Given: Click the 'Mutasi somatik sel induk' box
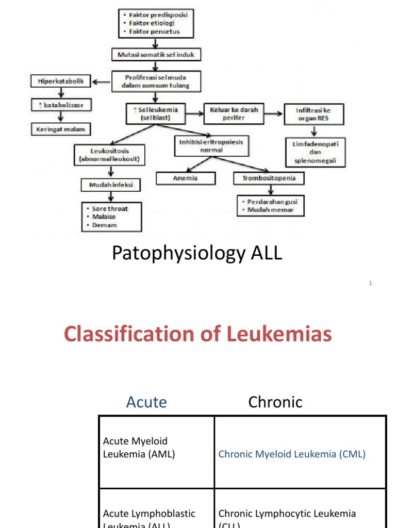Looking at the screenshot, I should click(x=154, y=54).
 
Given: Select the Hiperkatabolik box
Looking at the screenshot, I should click(x=61, y=80).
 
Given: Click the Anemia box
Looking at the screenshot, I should click(x=185, y=178).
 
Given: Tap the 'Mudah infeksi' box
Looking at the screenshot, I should click(x=110, y=184).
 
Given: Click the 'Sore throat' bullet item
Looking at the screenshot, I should click(x=109, y=209).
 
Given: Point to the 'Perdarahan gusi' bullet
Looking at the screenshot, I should click(x=272, y=202).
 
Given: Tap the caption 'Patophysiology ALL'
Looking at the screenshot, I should click(x=197, y=253).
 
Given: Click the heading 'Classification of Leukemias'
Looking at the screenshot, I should click(x=197, y=334).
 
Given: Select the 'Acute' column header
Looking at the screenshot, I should click(x=146, y=402).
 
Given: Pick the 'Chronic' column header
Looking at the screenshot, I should click(x=275, y=402).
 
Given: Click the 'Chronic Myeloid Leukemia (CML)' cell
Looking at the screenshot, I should click(x=292, y=454).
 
